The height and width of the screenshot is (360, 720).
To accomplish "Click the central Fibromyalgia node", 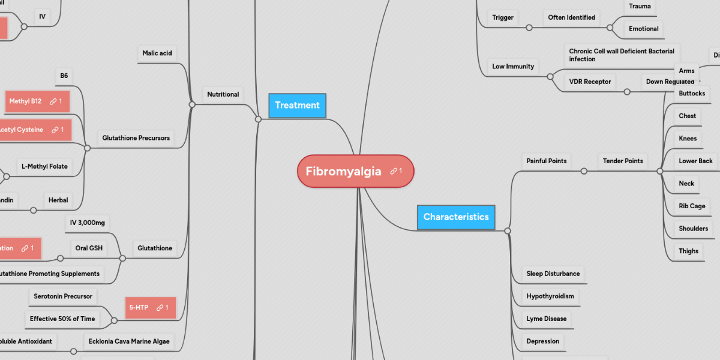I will click(x=344, y=172).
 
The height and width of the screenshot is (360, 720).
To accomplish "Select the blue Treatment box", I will click(x=297, y=106).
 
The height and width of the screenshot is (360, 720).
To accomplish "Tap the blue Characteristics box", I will click(x=455, y=217).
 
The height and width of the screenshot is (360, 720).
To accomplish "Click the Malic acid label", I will click(x=157, y=53).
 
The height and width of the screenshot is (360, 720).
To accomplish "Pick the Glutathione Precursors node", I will click(x=136, y=138).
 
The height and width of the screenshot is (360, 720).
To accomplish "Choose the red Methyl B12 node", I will click(x=25, y=101).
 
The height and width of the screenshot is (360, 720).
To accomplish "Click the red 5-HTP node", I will click(x=139, y=307).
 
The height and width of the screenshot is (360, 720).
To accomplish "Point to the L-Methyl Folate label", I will click(x=44, y=166).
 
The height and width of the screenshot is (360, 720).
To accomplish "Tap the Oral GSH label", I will click(x=89, y=248).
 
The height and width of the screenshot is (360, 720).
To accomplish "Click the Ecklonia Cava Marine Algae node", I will click(x=129, y=341).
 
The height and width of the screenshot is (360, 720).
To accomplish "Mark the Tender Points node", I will click(x=623, y=161).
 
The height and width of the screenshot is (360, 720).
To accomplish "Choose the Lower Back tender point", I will click(x=695, y=161).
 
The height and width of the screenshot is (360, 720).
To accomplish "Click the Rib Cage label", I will click(x=692, y=206).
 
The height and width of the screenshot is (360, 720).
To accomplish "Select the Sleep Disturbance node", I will click(x=553, y=274).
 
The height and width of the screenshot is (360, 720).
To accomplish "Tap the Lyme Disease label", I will click(x=547, y=319).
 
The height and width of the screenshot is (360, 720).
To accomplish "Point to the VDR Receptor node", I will click(x=590, y=82).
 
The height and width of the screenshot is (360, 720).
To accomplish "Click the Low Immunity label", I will click(x=513, y=67).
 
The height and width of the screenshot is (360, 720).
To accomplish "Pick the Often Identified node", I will click(x=571, y=17).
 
